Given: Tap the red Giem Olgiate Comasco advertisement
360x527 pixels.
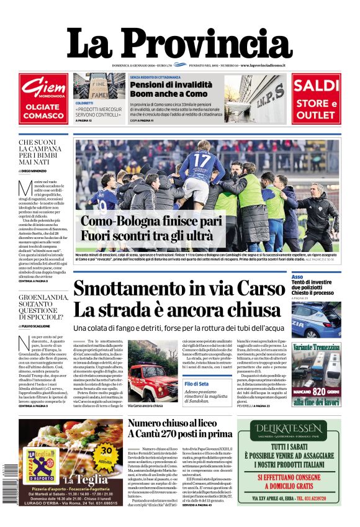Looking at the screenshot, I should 43,99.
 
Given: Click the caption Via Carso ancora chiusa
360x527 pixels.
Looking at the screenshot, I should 145,406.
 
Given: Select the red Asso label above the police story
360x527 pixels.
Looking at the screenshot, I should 298,277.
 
